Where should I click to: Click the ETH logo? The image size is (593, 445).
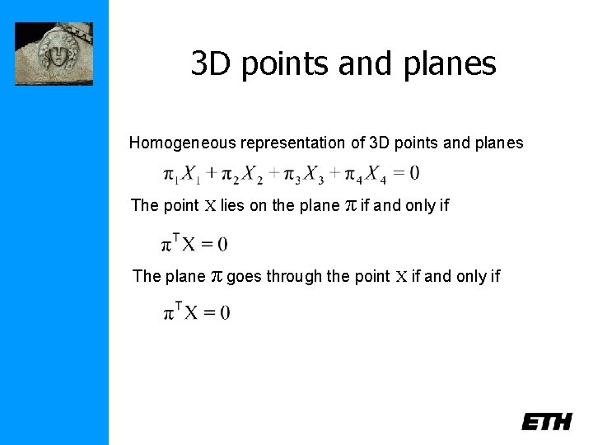click(546, 422)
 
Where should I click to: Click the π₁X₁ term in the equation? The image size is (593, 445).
click(180, 175)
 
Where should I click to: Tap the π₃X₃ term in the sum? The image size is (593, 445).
click(304, 175)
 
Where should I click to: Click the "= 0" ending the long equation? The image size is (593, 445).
click(406, 173)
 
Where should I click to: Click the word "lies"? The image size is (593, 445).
click(233, 205)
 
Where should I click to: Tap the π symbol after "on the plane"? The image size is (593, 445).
click(349, 204)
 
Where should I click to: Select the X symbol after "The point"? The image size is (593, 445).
click(210, 205)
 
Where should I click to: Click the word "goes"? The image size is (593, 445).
click(245, 276)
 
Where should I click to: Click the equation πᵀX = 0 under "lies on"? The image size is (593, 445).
click(195, 243)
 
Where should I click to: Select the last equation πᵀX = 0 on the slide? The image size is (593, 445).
click(196, 311)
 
